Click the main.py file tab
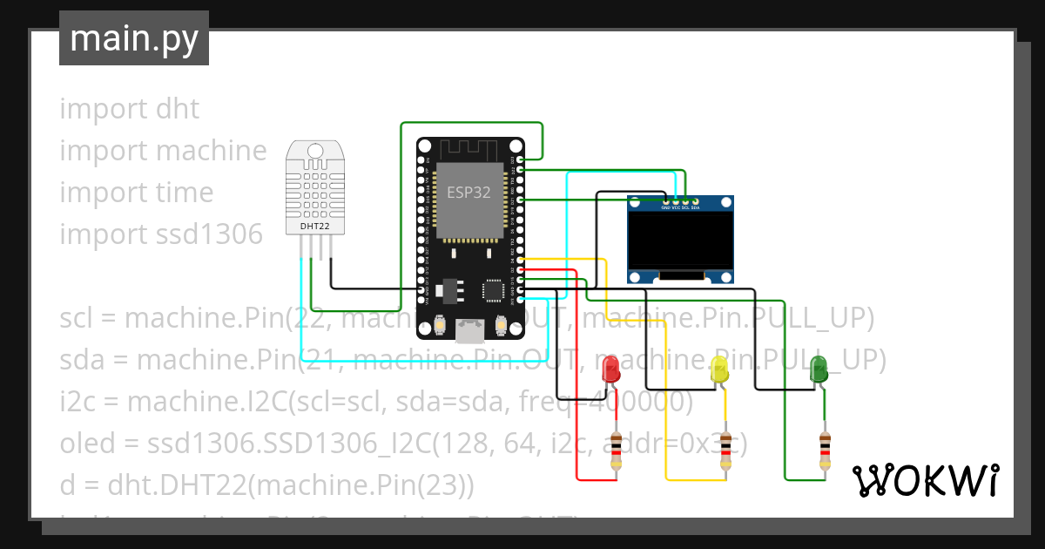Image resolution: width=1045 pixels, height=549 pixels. pos(133,38)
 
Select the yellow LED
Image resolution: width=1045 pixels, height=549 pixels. pos(719,369)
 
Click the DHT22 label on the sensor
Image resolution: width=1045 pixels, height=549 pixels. pos(314,227)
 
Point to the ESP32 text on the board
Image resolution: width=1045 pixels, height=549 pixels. pos(469,193)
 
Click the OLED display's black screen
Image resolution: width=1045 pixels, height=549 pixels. pos(680,241)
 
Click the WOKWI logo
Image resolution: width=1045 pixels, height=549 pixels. pos(925,480)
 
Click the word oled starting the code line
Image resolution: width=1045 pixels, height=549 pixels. pos(87,444)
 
